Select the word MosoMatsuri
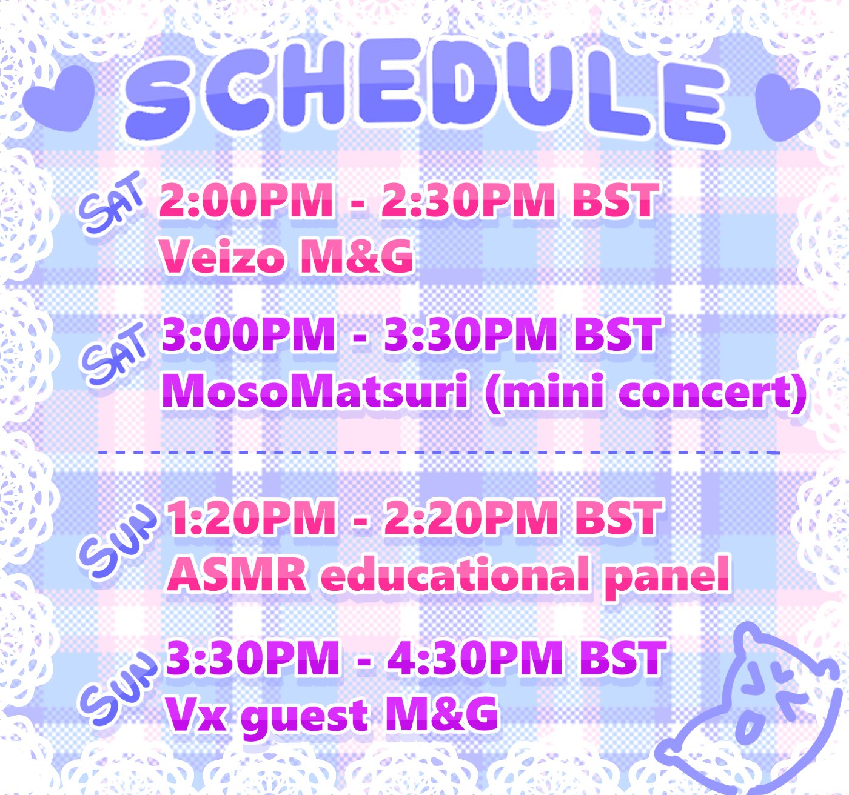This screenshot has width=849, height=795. pos(315,391)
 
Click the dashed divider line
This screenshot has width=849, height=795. pos(438,451)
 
